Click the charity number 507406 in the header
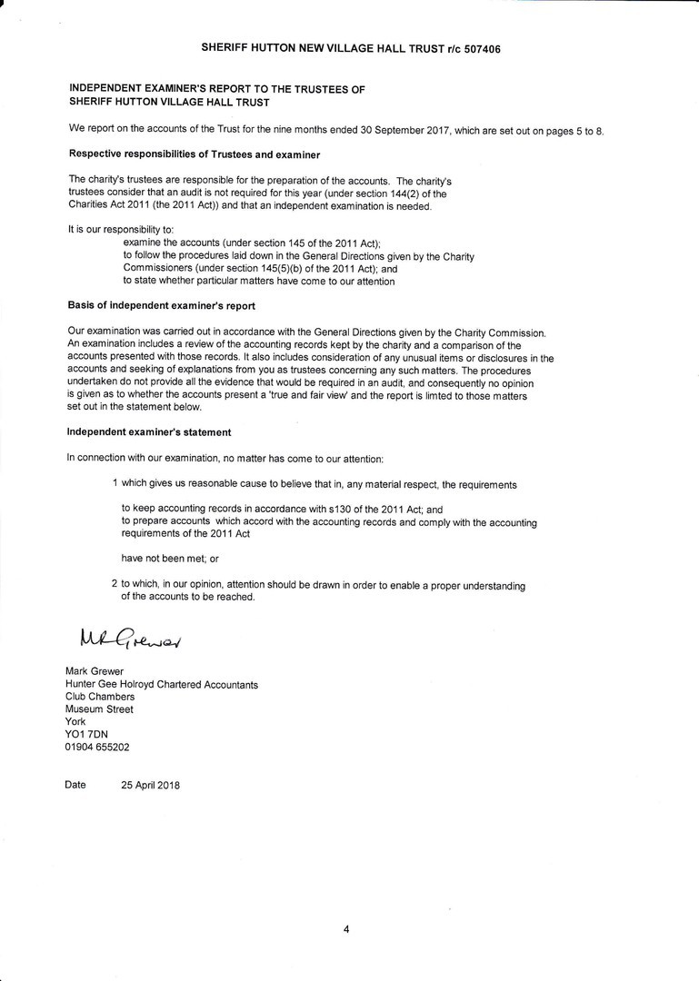coord(478,48)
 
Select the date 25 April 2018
coord(150,786)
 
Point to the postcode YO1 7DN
coord(86,735)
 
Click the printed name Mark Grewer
coord(95,671)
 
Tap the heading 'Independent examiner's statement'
coord(148,432)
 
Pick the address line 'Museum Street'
coord(99,709)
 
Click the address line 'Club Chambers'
coord(100,697)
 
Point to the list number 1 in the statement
coord(115,484)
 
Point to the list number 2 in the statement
coord(115,586)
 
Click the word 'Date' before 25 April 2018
coord(75,785)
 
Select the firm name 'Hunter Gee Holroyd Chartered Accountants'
coord(161,684)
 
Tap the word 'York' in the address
coord(75,722)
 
